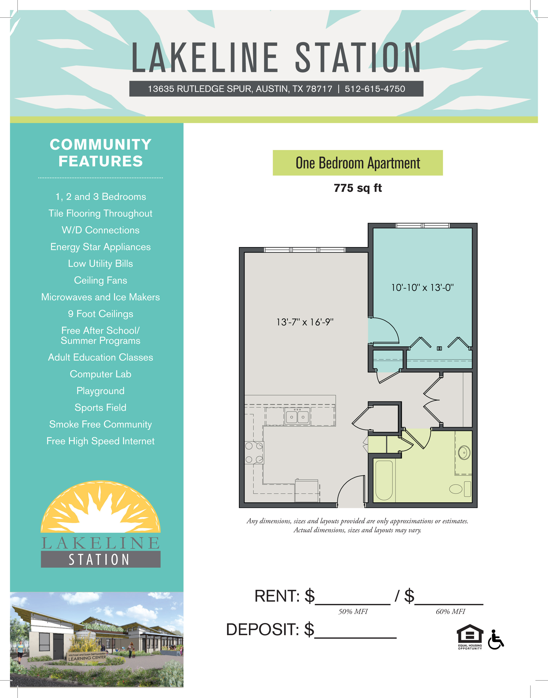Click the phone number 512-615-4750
point(375,89)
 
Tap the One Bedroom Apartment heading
point(358,163)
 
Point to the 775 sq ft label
point(358,188)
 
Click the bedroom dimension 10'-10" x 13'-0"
point(422,287)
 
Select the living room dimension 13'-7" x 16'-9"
point(305,322)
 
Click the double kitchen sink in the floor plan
point(297,417)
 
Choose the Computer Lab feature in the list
point(100,374)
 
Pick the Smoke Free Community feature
point(100,424)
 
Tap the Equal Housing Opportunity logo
point(470,637)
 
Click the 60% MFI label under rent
point(450,611)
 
